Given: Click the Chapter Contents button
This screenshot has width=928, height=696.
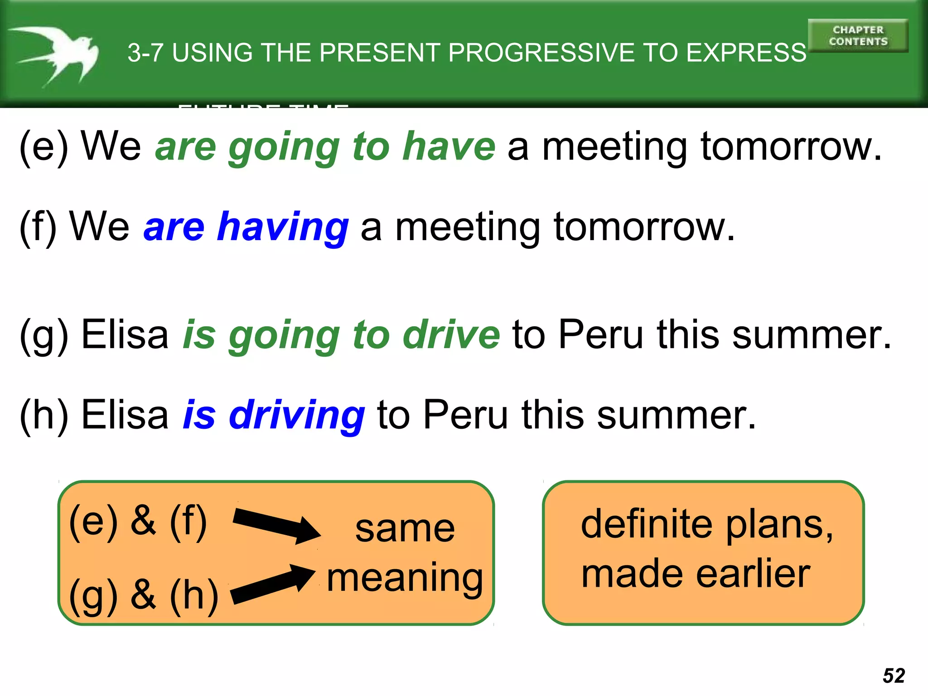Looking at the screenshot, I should (x=858, y=36).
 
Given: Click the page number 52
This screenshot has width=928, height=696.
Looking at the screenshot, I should (x=894, y=676).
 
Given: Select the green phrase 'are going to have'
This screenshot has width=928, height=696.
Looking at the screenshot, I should (x=325, y=146).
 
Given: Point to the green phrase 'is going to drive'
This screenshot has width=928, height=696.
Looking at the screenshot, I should (x=341, y=335).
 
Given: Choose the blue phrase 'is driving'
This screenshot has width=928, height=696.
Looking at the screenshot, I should (x=274, y=415).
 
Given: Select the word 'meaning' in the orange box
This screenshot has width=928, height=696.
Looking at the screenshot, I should (x=405, y=579).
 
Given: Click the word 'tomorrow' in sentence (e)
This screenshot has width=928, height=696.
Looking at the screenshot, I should (x=791, y=146).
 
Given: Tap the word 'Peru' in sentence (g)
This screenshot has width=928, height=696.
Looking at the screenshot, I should (x=600, y=335).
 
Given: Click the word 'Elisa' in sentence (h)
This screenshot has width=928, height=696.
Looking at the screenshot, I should (x=125, y=415).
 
